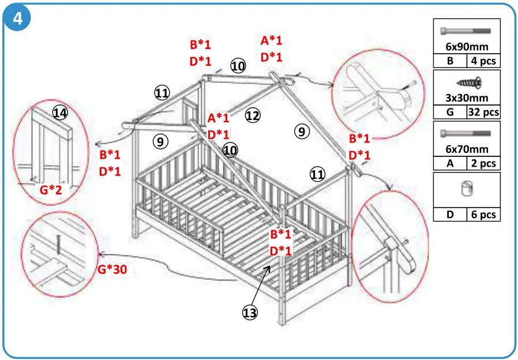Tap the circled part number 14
[60, 113]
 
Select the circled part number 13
[250, 312]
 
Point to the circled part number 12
[253, 116]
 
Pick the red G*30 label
[112, 269]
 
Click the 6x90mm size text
[467, 47]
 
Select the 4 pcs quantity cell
[482, 61]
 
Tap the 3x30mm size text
[467, 98]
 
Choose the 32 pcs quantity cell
[483, 112]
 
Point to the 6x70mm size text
[467, 149]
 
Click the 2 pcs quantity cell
[482, 163]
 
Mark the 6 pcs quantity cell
[482, 214]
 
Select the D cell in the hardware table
[450, 214]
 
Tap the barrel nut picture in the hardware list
[467, 190]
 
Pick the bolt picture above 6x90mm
[466, 31]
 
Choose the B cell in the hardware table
[450, 61]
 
